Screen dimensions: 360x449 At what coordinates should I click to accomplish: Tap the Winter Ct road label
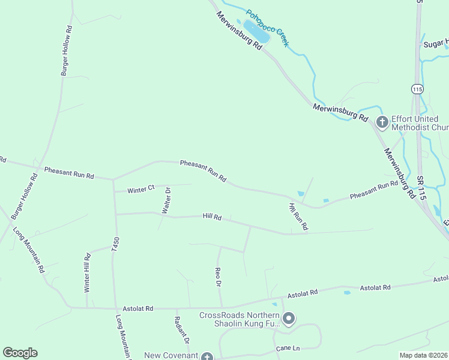[x=141, y=190]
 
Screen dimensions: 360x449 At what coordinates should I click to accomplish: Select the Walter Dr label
[x=166, y=200]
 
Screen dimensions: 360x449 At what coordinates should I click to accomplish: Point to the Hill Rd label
[x=212, y=217]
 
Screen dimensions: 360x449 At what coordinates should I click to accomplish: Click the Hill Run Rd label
[x=298, y=217]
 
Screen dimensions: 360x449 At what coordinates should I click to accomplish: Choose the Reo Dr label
[x=219, y=277]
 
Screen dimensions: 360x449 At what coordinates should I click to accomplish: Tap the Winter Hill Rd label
[x=88, y=272]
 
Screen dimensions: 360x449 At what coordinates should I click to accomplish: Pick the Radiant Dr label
[x=182, y=330]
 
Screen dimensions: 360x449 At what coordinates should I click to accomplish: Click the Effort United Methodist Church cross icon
[x=381, y=122]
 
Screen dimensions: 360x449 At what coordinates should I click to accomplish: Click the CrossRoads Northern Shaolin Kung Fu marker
[x=289, y=319]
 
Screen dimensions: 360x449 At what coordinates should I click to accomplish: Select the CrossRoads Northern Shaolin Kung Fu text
[x=240, y=320]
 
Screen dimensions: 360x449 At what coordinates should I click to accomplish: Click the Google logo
[x=20, y=353]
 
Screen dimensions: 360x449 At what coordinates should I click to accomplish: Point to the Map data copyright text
[x=423, y=355]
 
